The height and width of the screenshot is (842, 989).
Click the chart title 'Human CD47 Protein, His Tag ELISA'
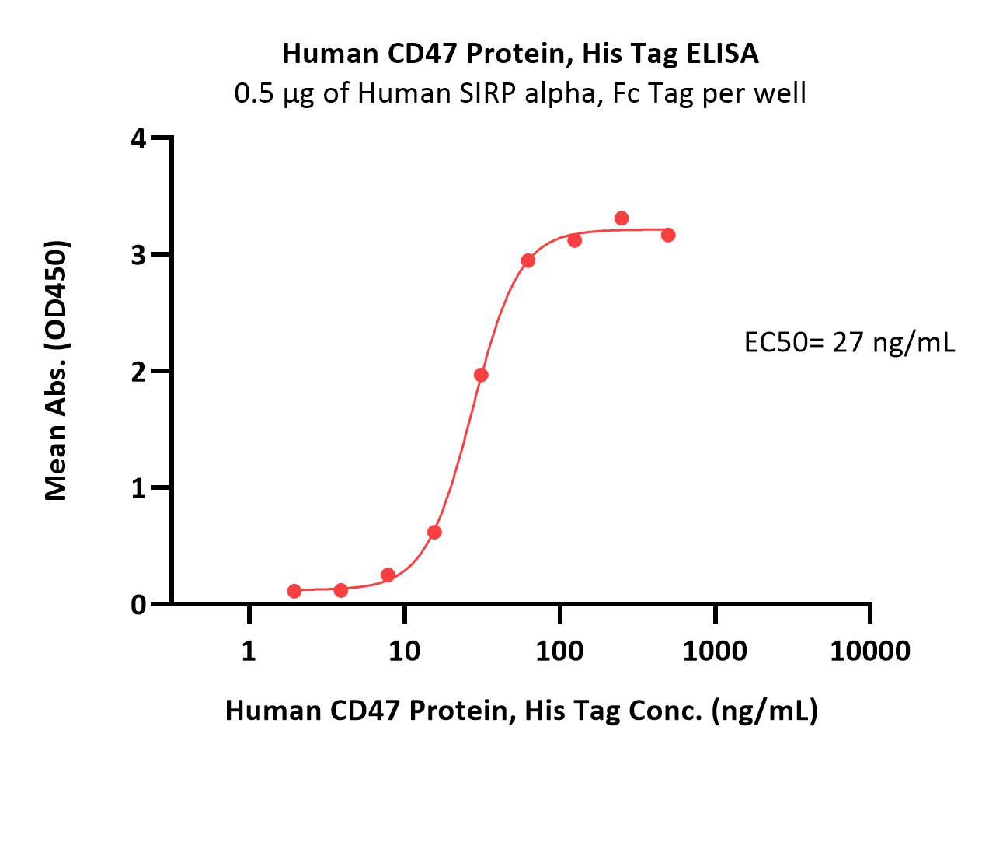tap(520, 53)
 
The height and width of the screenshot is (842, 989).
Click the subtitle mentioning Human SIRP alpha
tap(520, 93)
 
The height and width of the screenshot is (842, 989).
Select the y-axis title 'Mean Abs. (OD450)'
tap(57, 370)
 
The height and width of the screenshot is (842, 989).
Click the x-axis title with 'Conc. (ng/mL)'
tap(521, 711)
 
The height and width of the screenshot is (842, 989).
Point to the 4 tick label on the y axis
tap(139, 139)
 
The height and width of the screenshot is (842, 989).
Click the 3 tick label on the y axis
tap(139, 255)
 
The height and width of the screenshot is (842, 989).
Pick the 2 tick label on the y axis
tap(139, 372)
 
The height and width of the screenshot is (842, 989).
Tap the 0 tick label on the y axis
tap(139, 605)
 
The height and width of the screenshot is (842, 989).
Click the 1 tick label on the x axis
tap(249, 652)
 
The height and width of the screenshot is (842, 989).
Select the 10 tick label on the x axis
tap(404, 652)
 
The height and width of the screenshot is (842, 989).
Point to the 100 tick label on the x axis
tap(559, 652)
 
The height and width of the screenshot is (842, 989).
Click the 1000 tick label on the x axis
tap(715, 652)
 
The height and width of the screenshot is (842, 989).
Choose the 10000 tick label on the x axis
tap(870, 652)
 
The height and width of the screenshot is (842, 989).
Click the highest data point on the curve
tap(622, 218)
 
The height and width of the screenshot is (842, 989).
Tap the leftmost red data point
tap(294, 591)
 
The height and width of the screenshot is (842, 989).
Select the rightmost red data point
tap(668, 235)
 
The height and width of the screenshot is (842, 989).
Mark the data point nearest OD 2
tap(482, 375)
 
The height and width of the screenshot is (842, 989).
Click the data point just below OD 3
tap(528, 261)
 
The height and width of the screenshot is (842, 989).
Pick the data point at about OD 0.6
tap(434, 532)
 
